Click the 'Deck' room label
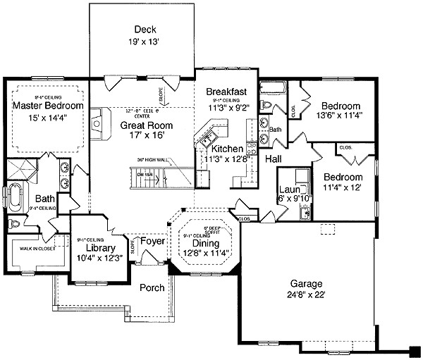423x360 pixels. pos(144,30)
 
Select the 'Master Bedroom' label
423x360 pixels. pos(48,106)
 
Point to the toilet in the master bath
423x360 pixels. pos(15,224)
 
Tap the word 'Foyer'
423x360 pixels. pos(152,242)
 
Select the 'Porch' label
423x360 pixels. pos(152,287)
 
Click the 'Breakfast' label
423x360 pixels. pos(226,92)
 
